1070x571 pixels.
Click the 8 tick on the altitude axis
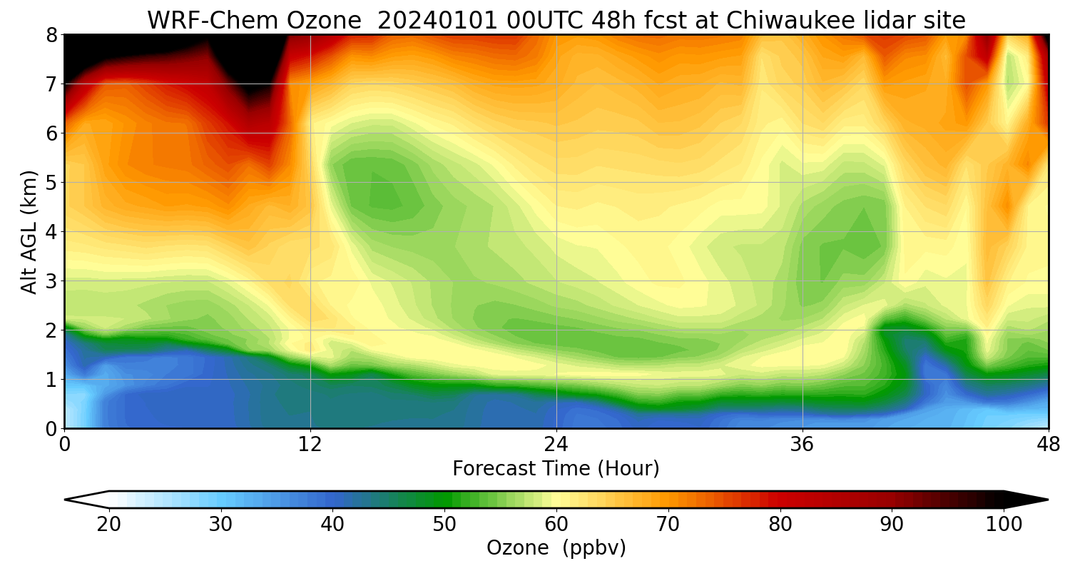52,34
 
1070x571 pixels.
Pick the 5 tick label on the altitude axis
52,182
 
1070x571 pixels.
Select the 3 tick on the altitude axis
52,281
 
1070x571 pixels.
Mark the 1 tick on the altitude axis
52,379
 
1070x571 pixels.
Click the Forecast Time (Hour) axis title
556,469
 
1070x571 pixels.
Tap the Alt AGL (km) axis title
29,231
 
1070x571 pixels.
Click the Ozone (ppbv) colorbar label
556,548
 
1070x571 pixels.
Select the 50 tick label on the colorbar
444,525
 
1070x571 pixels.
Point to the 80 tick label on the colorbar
780,525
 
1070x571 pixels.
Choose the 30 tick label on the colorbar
220,525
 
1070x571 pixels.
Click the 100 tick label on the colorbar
1004,525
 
